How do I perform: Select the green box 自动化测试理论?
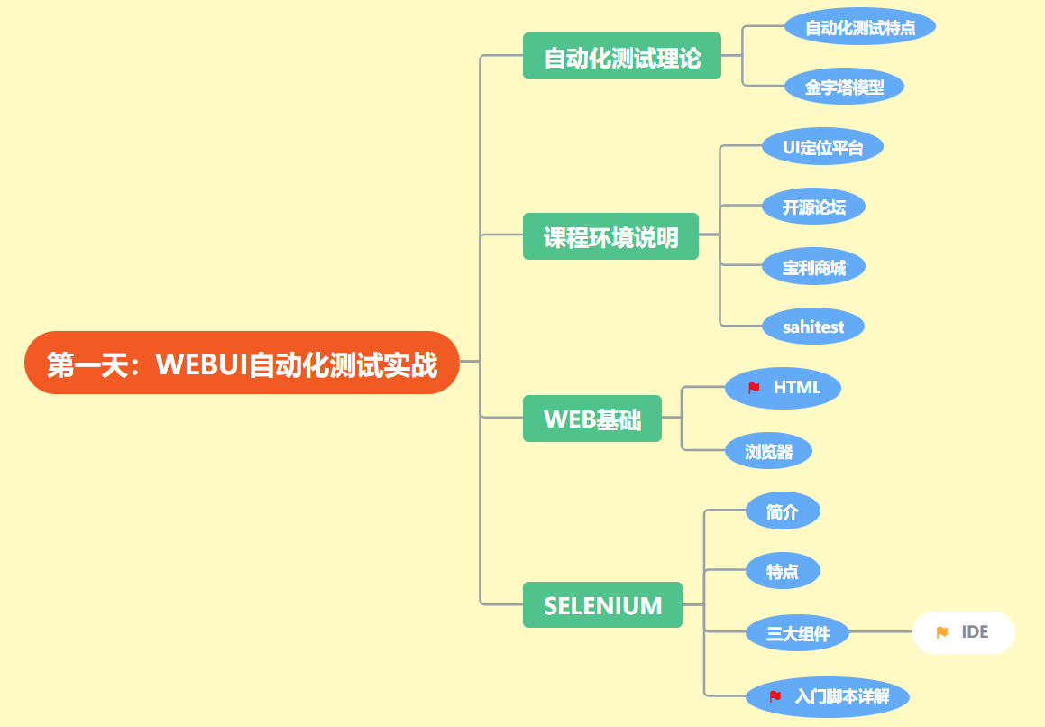click(622, 57)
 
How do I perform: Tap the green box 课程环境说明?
click(610, 236)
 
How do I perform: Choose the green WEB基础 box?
click(592, 419)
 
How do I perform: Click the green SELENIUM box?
click(602, 605)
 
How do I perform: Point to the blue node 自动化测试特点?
click(859, 27)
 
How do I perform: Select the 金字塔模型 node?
click(843, 87)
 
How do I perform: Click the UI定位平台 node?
click(821, 147)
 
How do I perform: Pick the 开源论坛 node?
click(813, 207)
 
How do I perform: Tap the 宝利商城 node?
click(813, 268)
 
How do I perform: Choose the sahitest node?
click(812, 327)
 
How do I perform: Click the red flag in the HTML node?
click(754, 388)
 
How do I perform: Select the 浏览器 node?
click(768, 451)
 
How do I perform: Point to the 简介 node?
click(782, 512)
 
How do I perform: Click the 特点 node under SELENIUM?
click(782, 571)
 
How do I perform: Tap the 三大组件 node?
click(797, 633)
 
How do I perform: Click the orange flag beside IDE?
click(942, 632)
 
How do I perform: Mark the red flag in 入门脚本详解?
click(775, 696)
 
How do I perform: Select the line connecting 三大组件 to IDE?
click(881, 632)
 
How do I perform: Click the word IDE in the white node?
click(975, 632)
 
